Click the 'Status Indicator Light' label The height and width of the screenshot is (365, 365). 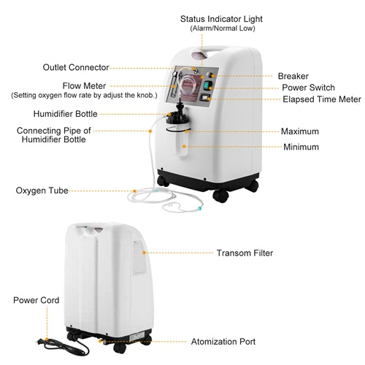tap(221, 19)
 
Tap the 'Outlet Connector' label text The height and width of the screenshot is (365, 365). tap(76, 67)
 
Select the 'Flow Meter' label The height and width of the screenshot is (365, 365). tap(84, 86)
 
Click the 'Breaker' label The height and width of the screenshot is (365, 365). tap(293, 76)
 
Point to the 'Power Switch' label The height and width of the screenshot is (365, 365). tap(308, 88)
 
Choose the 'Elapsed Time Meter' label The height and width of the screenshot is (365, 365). tap(322, 99)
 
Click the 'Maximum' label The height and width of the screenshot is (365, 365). tap(300, 131)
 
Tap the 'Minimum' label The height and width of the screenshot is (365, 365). tap(301, 147)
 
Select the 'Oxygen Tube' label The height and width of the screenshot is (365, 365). tap(42, 191)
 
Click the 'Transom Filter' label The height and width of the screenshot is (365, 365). tap(245, 253)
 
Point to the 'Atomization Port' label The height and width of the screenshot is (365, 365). tap(223, 342)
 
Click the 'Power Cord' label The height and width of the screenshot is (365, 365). tap(36, 300)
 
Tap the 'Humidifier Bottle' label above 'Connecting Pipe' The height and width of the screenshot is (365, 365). tap(65, 114)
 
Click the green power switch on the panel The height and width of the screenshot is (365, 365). tap(207, 85)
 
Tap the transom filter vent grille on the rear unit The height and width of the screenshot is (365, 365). tap(139, 257)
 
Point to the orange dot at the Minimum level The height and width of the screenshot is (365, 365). tap(184, 147)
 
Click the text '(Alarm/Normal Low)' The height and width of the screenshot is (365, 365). tap(223, 28)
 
